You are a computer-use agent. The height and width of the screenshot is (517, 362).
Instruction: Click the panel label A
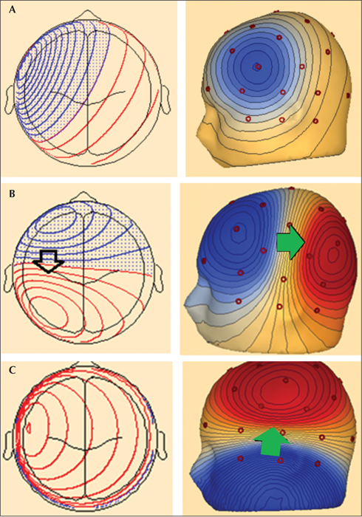[x=13, y=10]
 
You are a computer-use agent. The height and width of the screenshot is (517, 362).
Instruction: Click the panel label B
[x=12, y=194]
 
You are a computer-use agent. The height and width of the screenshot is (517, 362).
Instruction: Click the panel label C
[x=13, y=370]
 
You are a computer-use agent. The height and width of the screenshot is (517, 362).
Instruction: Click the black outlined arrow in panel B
[x=49, y=261]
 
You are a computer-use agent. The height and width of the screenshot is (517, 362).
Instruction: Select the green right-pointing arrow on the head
[x=290, y=243]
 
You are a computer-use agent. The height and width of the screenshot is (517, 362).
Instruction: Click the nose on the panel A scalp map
[x=87, y=16]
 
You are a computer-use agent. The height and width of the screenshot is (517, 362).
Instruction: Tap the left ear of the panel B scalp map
[x=9, y=278]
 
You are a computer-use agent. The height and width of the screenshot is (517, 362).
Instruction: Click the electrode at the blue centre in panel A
[x=258, y=66]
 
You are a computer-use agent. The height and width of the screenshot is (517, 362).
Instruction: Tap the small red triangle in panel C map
[x=29, y=428]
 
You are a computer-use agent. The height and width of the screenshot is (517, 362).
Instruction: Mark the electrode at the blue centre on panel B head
[x=236, y=229]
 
